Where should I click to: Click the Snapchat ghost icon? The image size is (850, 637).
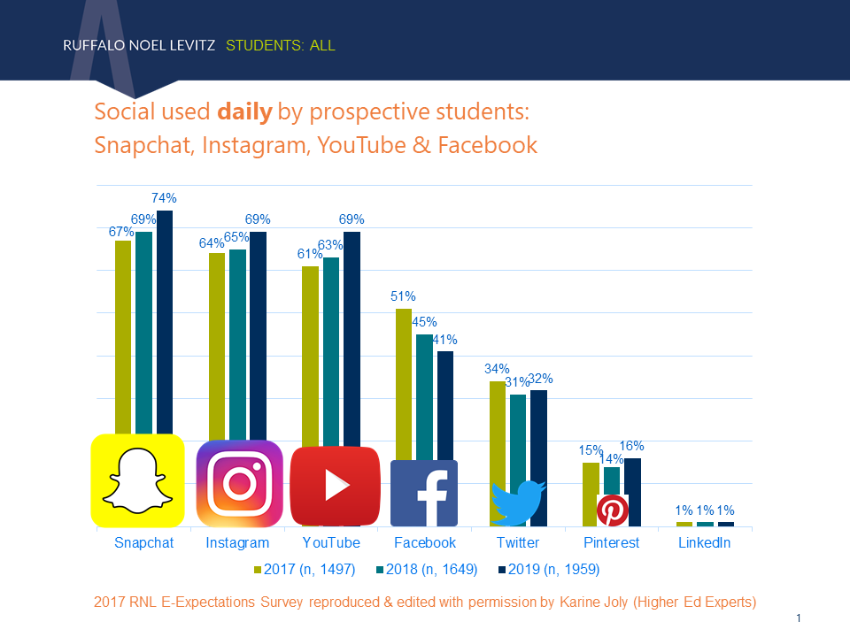click(x=137, y=480)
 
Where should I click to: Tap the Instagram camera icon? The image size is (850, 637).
click(x=238, y=483)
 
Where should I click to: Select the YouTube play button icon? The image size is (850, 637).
click(x=336, y=486)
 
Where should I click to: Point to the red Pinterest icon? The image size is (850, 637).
click(x=612, y=510)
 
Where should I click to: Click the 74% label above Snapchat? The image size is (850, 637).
click(x=164, y=199)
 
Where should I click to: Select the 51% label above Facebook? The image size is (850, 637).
click(x=403, y=296)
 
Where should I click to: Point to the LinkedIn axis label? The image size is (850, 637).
click(x=704, y=542)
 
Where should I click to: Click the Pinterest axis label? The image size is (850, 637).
click(x=611, y=542)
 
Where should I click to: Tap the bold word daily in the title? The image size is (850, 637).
click(x=243, y=112)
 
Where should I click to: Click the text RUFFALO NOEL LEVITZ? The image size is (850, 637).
click(x=140, y=45)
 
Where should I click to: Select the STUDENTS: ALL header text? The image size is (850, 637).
click(x=281, y=45)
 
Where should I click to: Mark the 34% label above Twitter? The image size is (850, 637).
click(x=497, y=369)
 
